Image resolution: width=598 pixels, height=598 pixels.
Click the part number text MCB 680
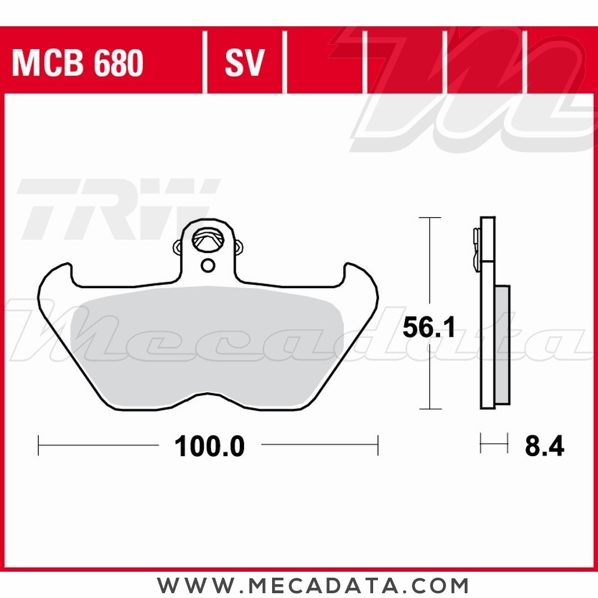77,63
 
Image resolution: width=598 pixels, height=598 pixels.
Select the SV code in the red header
244,63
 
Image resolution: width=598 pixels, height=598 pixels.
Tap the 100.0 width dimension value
209,446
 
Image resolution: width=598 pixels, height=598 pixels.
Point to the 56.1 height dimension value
429,328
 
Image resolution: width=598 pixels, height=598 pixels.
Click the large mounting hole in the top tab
207,242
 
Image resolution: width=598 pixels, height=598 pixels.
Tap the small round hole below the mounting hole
208,265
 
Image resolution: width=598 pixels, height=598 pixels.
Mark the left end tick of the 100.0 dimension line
38,446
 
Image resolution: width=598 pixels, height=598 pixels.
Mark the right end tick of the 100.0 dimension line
378,446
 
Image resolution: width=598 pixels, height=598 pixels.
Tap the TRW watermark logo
117,206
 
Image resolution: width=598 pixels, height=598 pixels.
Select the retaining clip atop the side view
476,245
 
